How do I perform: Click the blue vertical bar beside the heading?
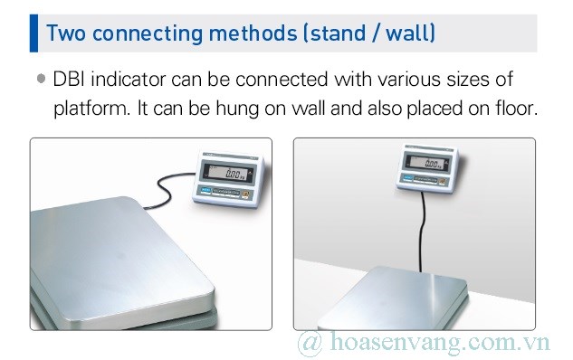pos(34,33)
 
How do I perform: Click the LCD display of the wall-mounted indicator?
pos(426,164)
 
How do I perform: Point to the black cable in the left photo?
pos(163,187)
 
